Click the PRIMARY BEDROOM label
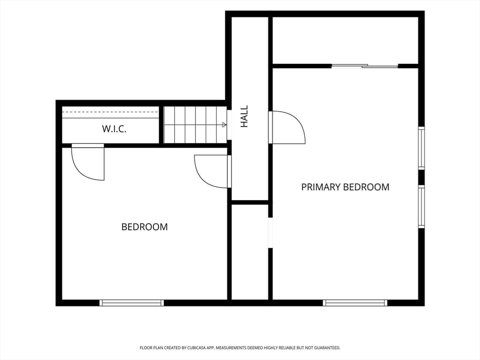tap(345, 187)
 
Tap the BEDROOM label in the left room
tap(144, 227)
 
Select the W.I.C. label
tap(114, 129)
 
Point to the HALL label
tap(244, 116)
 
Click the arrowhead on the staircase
tap(225, 125)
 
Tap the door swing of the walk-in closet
tap(88, 162)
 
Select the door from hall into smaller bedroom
tap(213, 172)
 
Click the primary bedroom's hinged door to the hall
tap(287, 127)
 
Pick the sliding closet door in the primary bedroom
tap(365, 66)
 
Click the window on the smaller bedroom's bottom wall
tap(132, 303)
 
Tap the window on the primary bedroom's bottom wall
tap(355, 303)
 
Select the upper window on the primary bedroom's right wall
tap(421, 148)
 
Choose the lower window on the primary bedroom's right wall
tap(421, 206)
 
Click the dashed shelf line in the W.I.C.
tap(111, 112)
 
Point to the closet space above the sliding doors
tap(345, 40)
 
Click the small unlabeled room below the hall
tap(250, 252)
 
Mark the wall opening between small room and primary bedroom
tap(270, 232)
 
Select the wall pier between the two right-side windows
tap(421, 177)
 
